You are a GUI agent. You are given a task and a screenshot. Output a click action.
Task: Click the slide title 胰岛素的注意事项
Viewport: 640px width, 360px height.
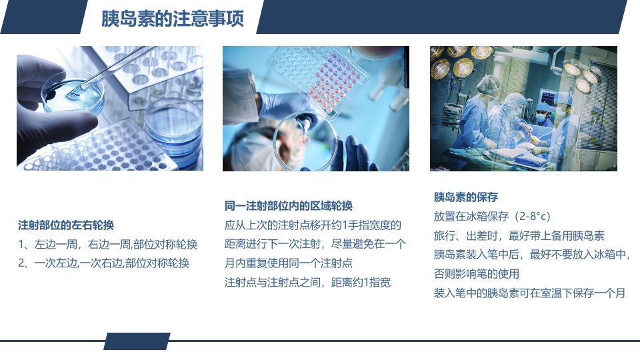(x=172, y=19)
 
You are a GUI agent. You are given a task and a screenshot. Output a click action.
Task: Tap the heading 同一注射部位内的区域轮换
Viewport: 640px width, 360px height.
(x=289, y=205)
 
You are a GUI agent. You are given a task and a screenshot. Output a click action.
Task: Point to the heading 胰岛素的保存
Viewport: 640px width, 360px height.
(x=466, y=197)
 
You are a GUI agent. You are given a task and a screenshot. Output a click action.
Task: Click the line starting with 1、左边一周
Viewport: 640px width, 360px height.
(x=107, y=244)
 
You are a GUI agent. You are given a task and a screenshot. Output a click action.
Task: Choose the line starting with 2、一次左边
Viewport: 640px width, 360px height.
(x=103, y=263)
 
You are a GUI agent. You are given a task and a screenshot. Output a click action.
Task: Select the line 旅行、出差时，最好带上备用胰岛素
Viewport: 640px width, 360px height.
(x=519, y=236)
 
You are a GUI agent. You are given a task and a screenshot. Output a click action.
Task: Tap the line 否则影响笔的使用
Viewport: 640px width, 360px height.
(x=477, y=274)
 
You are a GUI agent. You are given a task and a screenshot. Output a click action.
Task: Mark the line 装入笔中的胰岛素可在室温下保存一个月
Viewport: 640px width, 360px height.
(x=529, y=293)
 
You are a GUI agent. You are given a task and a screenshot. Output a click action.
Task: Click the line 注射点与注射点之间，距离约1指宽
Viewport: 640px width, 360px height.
(x=307, y=282)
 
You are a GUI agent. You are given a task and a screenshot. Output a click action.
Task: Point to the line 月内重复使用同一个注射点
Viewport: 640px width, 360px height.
(x=289, y=263)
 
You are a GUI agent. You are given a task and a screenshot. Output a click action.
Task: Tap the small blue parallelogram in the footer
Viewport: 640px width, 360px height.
(x=137, y=341)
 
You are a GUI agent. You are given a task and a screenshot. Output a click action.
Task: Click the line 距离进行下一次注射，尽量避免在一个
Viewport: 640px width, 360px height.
(x=315, y=244)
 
